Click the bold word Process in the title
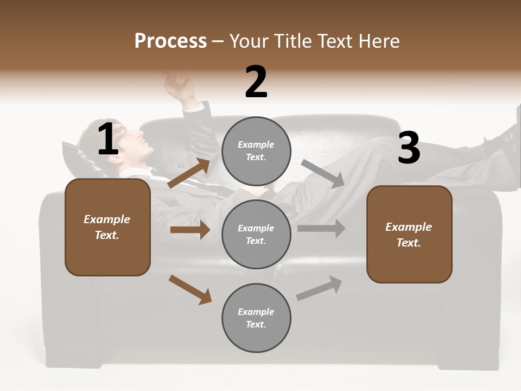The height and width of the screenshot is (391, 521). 170,41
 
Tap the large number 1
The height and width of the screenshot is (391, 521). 108,140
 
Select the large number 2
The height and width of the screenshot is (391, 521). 256,82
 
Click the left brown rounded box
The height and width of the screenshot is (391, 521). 107,227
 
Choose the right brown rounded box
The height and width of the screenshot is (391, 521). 409,234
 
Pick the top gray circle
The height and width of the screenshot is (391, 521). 256,151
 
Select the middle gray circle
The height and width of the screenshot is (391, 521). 256,234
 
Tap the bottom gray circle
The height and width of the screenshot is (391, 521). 256,318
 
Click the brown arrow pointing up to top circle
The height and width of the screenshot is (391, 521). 189,173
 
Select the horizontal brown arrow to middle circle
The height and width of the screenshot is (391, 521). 190,230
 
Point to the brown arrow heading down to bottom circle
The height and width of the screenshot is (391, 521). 190,289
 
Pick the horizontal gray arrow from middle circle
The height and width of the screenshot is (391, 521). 321,229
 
